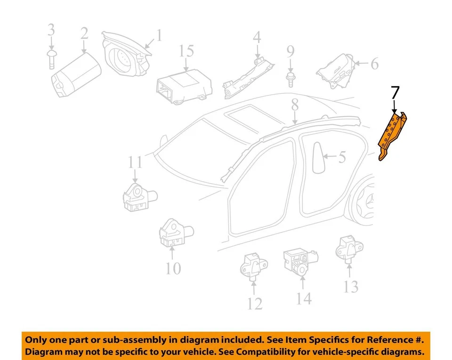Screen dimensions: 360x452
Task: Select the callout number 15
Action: [x=187, y=51]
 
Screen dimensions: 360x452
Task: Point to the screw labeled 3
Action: [x=51, y=58]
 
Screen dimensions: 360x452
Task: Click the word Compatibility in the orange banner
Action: [x=275, y=352]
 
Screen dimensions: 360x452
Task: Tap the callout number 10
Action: [x=173, y=268]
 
